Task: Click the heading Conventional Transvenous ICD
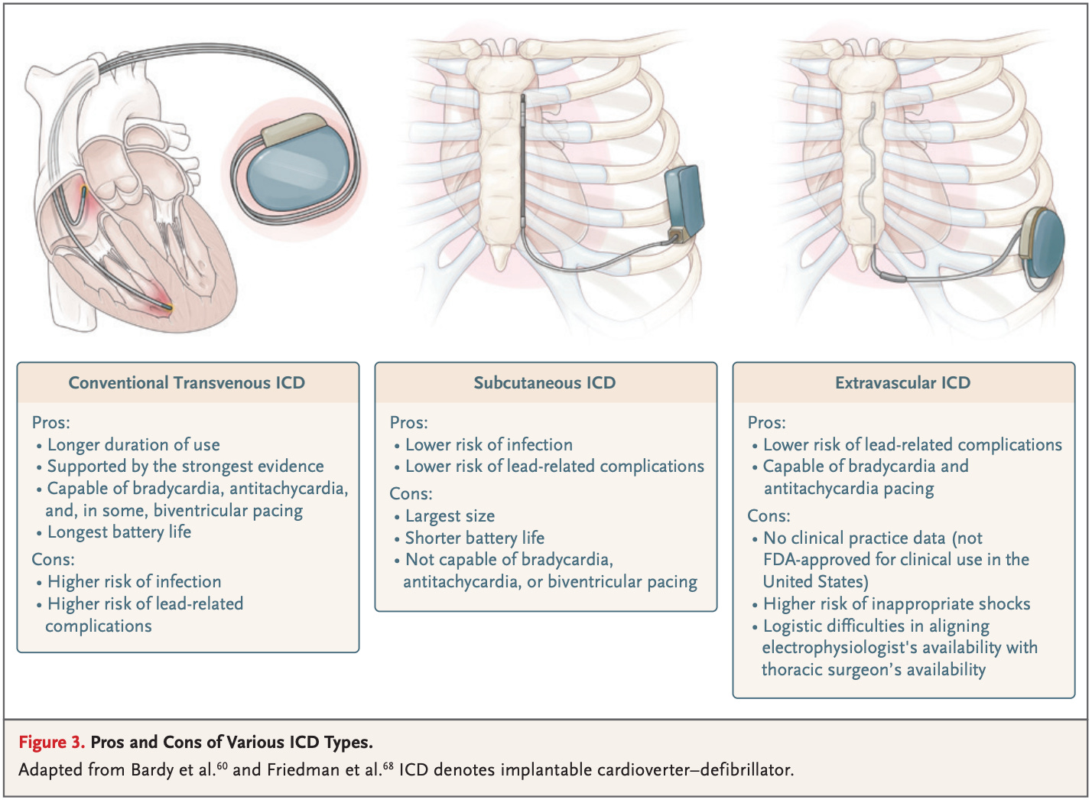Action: coord(187,382)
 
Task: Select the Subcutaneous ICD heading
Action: coord(544,382)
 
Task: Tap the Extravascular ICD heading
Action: coord(902,382)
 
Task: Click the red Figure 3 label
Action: coord(51,742)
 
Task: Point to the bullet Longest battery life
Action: coord(119,532)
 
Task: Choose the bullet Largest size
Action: coord(450,516)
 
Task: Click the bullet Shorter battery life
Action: coord(474,538)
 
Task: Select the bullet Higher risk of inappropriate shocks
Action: coord(896,603)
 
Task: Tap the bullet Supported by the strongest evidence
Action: coord(185,466)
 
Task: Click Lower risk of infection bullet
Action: coord(489,444)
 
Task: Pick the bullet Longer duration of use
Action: coord(133,444)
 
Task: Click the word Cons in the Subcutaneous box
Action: coord(411,494)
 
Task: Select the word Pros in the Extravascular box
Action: coord(766,422)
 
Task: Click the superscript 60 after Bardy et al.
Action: coord(223,764)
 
